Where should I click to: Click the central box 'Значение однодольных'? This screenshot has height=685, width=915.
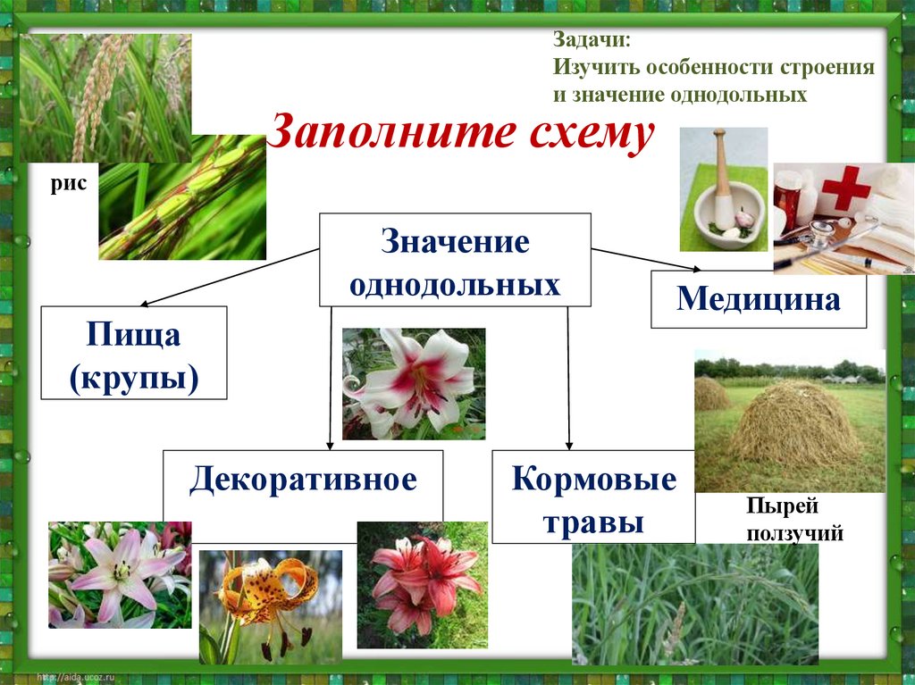tap(455, 260)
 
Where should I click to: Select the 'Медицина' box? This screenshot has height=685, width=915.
tap(759, 299)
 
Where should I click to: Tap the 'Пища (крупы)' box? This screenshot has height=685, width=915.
tap(134, 352)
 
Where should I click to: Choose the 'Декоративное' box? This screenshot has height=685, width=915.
tap(302, 481)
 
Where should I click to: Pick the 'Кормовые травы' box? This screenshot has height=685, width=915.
tap(592, 497)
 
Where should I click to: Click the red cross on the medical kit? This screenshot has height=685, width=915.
tap(845, 188)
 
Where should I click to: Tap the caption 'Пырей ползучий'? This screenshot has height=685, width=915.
tap(783, 520)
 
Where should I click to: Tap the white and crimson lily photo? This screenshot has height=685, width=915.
tap(413, 382)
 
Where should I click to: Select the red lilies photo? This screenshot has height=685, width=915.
tap(422, 584)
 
